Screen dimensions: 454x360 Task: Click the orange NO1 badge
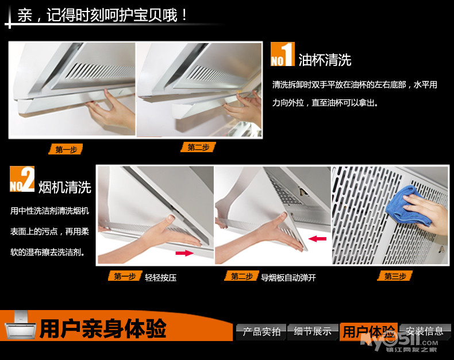pyautogui.click(x=283, y=54)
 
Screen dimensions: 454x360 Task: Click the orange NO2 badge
pyautogui.click(x=22, y=179)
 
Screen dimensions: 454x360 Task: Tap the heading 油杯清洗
pyautogui.click(x=325, y=60)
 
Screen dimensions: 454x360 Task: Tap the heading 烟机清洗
pyautogui.click(x=65, y=187)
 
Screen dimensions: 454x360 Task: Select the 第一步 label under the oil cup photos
pyautogui.click(x=66, y=149)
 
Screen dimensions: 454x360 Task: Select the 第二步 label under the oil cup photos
pyautogui.click(x=198, y=148)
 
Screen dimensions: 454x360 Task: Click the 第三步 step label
pyautogui.click(x=395, y=276)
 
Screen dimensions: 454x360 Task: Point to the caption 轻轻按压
pyautogui.click(x=161, y=278)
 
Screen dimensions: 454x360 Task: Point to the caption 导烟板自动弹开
pyautogui.click(x=288, y=278)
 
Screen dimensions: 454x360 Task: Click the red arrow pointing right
pyautogui.click(x=184, y=253)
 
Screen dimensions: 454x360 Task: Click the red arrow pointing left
pyautogui.click(x=317, y=239)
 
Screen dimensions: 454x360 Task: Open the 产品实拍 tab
pyautogui.click(x=261, y=332)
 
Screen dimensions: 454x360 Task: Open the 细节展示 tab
pyautogui.click(x=313, y=331)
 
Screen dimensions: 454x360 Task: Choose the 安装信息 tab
pyautogui.click(x=425, y=331)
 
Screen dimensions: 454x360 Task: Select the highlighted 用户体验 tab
pyautogui.click(x=368, y=331)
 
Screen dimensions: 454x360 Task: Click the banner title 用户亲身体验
pyautogui.click(x=103, y=328)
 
